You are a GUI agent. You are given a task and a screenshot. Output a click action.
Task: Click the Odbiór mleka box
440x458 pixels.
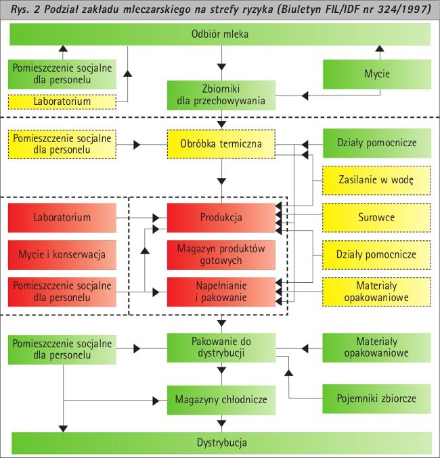tap(221, 35)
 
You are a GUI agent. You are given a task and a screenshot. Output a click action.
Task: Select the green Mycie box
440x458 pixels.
tap(376, 74)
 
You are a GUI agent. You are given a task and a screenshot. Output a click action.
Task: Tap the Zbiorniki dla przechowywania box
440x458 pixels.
tap(221, 95)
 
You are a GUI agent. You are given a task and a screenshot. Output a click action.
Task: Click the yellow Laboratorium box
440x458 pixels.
tap(62, 101)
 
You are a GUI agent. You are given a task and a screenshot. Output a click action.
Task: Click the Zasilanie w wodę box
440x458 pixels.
tap(376, 181)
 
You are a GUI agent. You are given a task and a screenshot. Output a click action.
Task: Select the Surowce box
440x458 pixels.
tap(376, 218)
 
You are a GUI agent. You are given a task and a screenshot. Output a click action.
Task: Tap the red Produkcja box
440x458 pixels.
tap(221, 218)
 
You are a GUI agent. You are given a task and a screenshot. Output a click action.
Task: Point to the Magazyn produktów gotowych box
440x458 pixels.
tap(221, 254)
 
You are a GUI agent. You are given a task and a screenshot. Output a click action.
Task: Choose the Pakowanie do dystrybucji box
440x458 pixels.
tap(221, 347)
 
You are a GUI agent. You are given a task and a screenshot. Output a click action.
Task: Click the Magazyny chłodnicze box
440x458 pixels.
tap(221, 399)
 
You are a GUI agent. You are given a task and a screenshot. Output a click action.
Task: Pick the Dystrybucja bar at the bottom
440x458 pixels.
tap(221, 443)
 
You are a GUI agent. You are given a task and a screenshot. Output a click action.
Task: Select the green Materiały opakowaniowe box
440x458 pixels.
tap(376, 347)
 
